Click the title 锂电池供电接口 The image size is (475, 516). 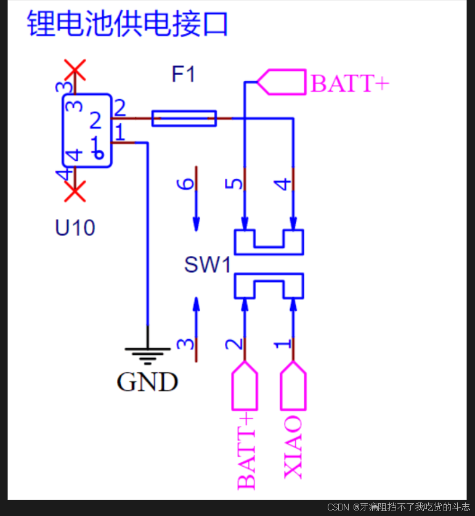click(x=128, y=25)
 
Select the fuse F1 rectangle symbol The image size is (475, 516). click(x=184, y=118)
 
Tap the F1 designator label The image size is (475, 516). click(x=183, y=75)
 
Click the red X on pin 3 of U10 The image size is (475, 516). click(x=75, y=70)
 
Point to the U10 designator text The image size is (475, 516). click(x=75, y=229)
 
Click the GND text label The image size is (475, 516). click(x=147, y=383)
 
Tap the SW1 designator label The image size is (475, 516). click(x=207, y=266)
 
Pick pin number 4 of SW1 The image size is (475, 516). click(x=282, y=184)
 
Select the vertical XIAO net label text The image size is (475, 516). click(x=293, y=447)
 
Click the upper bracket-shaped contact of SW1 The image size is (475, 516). click(x=269, y=242)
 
